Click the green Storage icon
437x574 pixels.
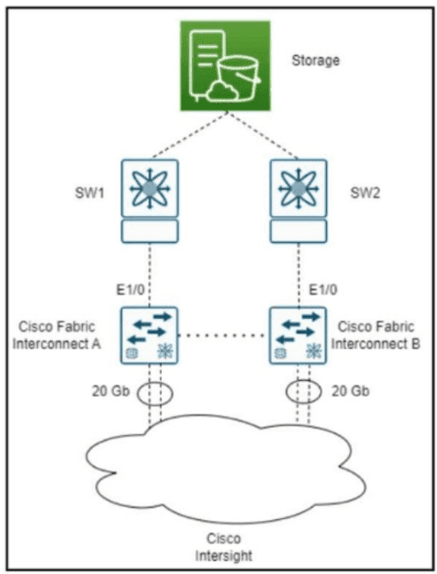(x=225, y=66)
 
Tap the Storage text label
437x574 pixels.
(x=315, y=61)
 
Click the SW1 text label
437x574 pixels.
(x=90, y=193)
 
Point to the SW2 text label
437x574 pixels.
(x=366, y=193)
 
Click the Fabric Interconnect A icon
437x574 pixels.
(x=149, y=336)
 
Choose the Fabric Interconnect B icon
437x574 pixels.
(x=298, y=336)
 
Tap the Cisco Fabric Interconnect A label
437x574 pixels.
(x=57, y=336)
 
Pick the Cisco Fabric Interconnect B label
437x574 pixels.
(x=375, y=336)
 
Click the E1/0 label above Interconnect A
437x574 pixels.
(x=130, y=290)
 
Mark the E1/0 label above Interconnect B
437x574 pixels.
(x=324, y=290)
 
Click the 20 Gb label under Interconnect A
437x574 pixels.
(x=111, y=391)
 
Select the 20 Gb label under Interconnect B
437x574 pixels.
(x=350, y=391)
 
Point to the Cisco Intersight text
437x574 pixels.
(x=223, y=547)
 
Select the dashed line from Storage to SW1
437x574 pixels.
(x=190, y=135)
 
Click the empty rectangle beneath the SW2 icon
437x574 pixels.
(x=298, y=231)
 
